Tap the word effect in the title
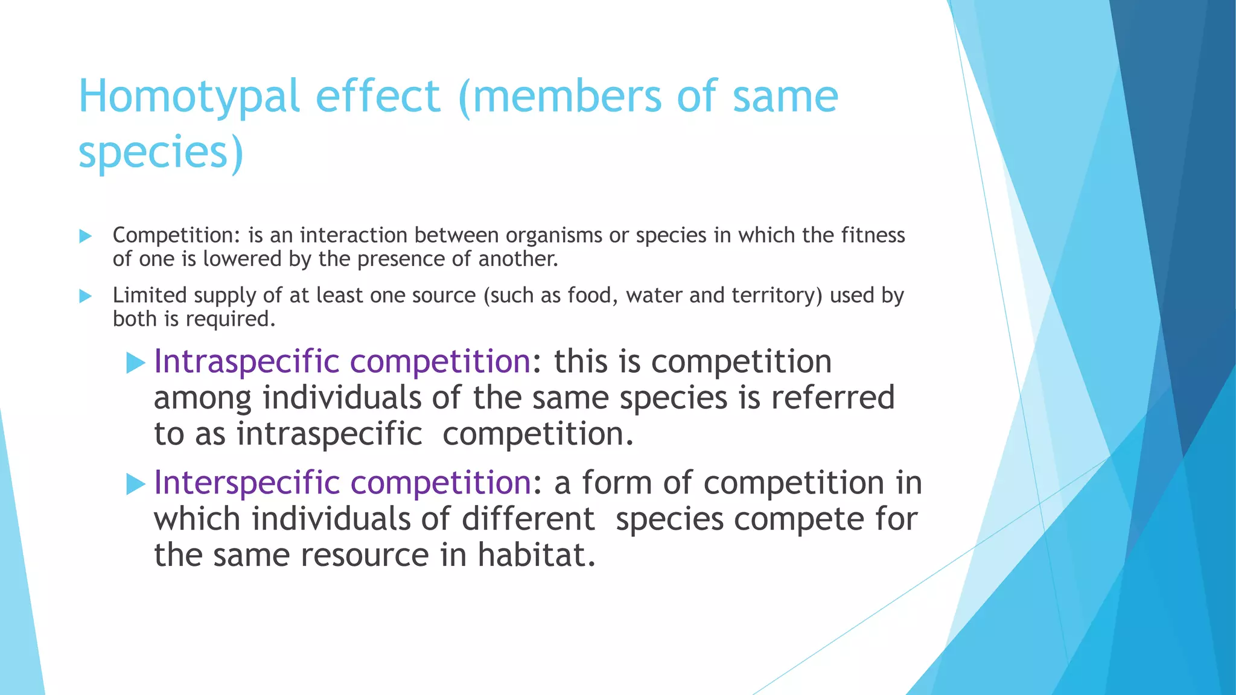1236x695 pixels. pyautogui.click(x=378, y=97)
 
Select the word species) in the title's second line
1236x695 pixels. pyautogui.click(x=161, y=152)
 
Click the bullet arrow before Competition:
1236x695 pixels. pyautogui.click(x=86, y=236)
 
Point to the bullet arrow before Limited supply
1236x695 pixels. pyautogui.click(x=86, y=296)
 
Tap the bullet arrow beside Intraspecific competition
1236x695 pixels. pyautogui.click(x=136, y=363)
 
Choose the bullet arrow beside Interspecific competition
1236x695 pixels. pyautogui.click(x=136, y=484)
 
